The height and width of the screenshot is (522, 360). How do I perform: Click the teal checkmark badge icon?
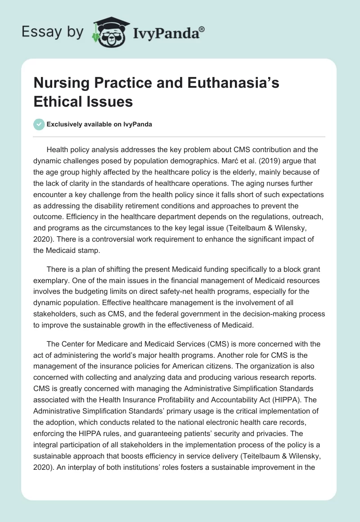(x=39, y=124)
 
